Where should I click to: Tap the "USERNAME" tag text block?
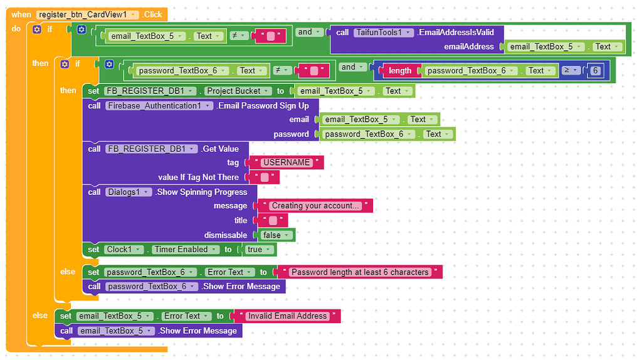[286, 162]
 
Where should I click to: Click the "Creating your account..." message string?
[316, 206]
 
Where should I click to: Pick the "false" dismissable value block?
[275, 235]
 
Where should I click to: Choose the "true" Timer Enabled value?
[258, 250]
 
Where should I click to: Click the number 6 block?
[595, 71]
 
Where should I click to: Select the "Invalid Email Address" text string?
[287, 316]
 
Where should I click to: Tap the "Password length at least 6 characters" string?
[360, 272]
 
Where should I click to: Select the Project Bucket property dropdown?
[238, 91]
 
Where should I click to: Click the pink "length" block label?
[399, 71]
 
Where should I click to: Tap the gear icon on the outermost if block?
[37, 29]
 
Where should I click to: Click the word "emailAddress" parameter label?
[470, 46]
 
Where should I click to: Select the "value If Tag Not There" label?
[198, 177]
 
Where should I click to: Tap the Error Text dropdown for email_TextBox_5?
[185, 316]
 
